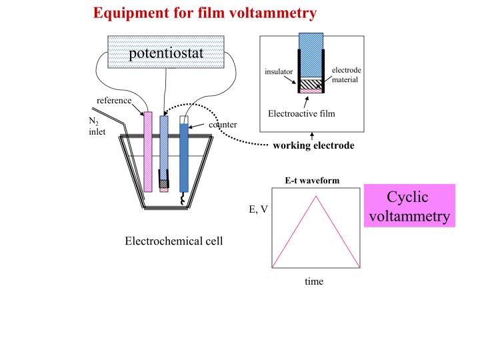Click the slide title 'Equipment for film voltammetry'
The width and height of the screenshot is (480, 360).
click(x=205, y=13)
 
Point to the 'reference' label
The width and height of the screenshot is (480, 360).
click(x=113, y=101)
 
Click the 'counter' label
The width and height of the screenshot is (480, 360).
click(x=223, y=125)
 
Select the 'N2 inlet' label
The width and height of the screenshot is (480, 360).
click(x=97, y=126)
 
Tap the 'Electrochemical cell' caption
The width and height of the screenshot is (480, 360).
click(x=174, y=241)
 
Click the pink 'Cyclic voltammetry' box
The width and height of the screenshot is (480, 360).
click(x=409, y=207)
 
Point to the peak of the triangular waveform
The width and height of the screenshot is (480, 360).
click(x=316, y=196)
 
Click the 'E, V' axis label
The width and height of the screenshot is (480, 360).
click(x=259, y=209)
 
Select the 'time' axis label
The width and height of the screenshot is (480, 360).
click(x=314, y=281)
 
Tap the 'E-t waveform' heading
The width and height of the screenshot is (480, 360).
click(x=312, y=181)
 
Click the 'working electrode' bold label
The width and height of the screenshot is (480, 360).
click(x=313, y=146)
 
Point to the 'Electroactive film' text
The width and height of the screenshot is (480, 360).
click(x=301, y=113)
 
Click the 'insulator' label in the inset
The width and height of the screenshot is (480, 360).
click(x=278, y=71)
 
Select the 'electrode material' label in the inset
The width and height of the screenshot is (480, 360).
click(x=346, y=75)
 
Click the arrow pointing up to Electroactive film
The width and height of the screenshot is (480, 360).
click(x=306, y=101)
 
